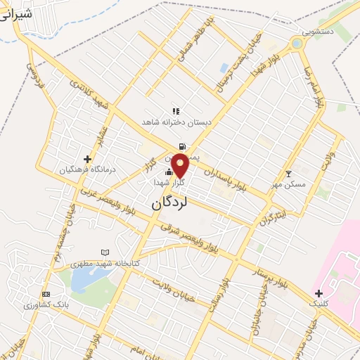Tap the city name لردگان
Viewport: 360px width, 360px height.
click(171, 202)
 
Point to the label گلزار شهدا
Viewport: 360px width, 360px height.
click(169, 182)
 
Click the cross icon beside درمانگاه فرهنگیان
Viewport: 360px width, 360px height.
click(87, 159)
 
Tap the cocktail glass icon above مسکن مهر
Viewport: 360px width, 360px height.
click(288, 174)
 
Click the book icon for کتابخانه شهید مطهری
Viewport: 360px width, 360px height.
click(105, 252)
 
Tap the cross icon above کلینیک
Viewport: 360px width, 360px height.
click(319, 292)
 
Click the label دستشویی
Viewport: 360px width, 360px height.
click(318, 32)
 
